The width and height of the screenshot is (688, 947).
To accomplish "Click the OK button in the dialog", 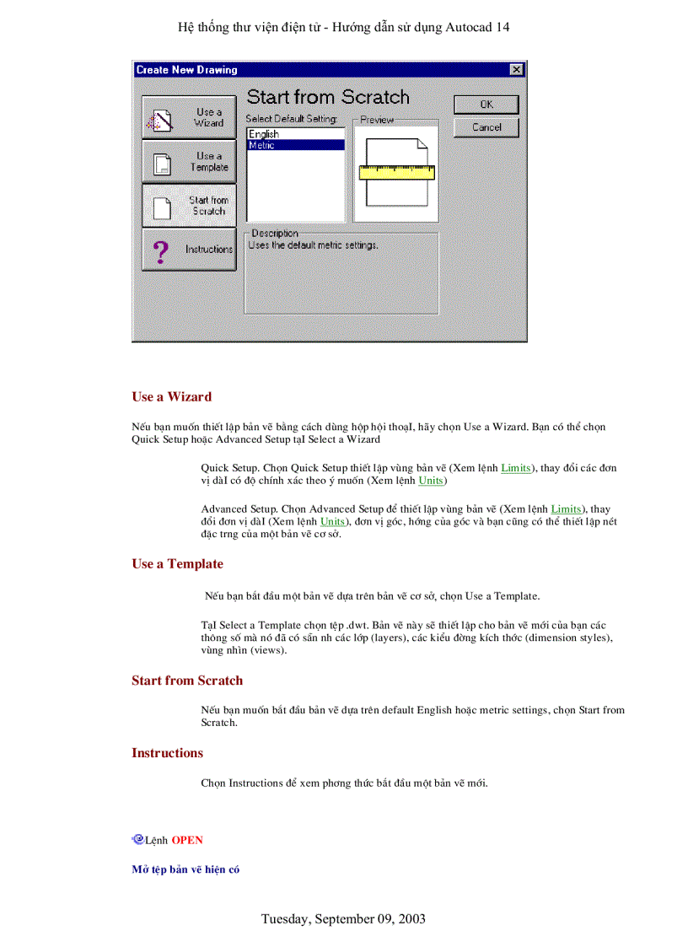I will point(486,105).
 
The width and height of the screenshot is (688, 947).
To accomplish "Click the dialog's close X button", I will point(516,69).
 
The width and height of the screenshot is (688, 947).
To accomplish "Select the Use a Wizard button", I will point(189,117).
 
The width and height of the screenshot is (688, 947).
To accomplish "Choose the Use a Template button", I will point(189,161).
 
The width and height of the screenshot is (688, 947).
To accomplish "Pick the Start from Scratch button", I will point(189,206).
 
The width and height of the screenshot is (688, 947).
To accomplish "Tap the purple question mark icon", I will point(161,250).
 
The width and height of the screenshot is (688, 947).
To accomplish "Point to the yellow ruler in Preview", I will point(396,173).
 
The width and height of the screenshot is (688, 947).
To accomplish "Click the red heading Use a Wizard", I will point(171,396).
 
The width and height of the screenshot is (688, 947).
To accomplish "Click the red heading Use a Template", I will point(177,564).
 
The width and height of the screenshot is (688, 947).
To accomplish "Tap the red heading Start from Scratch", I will point(186,681).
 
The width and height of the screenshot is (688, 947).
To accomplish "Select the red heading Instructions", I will point(167,753).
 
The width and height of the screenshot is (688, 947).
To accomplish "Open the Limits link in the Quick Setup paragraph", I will point(515,467).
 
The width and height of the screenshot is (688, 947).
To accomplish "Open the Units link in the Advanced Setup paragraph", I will point(332,522).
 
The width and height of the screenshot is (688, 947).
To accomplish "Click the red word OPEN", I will point(187,840).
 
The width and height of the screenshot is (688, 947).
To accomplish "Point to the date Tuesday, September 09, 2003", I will point(343,918).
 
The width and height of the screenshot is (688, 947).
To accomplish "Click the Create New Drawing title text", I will point(186,70).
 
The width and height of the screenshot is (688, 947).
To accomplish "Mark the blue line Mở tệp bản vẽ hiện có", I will point(185,869).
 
